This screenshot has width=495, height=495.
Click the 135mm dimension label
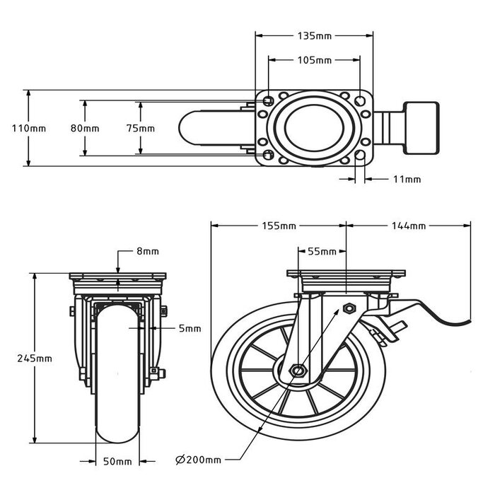coord(313,34)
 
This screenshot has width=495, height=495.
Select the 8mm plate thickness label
coord(148,251)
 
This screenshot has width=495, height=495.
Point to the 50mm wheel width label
coord(118,462)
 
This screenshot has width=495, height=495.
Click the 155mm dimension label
coord(278,226)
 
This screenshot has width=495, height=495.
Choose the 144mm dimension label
coord(408,226)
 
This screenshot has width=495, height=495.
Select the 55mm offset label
coord(322,251)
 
